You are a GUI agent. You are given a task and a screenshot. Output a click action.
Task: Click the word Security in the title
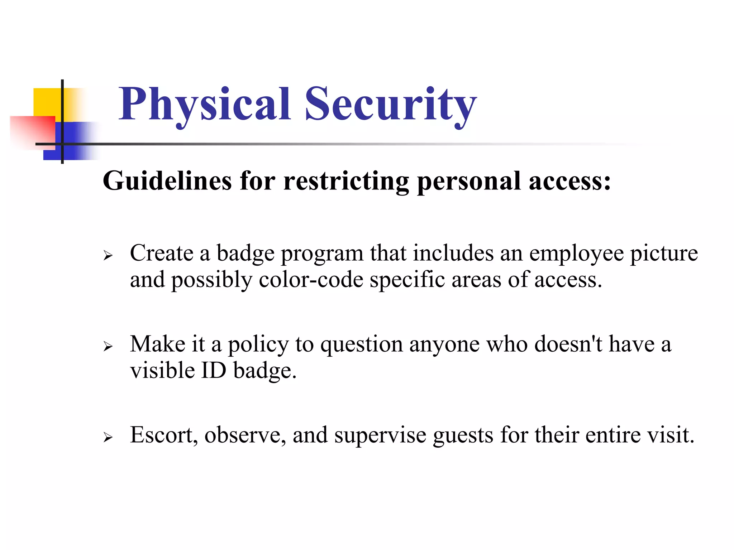(391, 105)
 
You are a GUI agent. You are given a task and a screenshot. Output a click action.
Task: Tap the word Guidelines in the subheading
(167, 181)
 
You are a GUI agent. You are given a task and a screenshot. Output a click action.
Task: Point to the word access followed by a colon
(570, 181)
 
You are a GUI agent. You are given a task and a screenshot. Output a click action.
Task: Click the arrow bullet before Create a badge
(108, 256)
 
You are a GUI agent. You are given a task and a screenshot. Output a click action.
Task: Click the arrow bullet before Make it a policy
(108, 346)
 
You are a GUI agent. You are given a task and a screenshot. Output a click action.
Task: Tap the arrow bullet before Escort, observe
(108, 437)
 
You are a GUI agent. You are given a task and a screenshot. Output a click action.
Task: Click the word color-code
(311, 280)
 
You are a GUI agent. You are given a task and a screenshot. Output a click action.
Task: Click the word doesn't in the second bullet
(568, 344)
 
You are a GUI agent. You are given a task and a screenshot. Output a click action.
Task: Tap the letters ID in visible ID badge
(214, 371)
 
